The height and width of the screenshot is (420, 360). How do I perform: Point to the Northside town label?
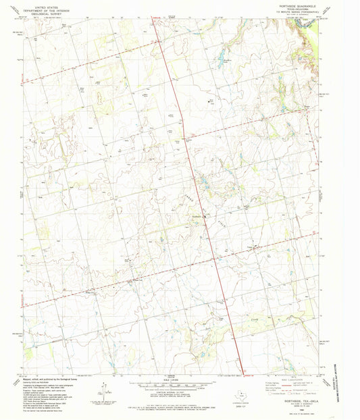197,215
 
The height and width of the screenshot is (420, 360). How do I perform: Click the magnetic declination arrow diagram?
103,390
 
